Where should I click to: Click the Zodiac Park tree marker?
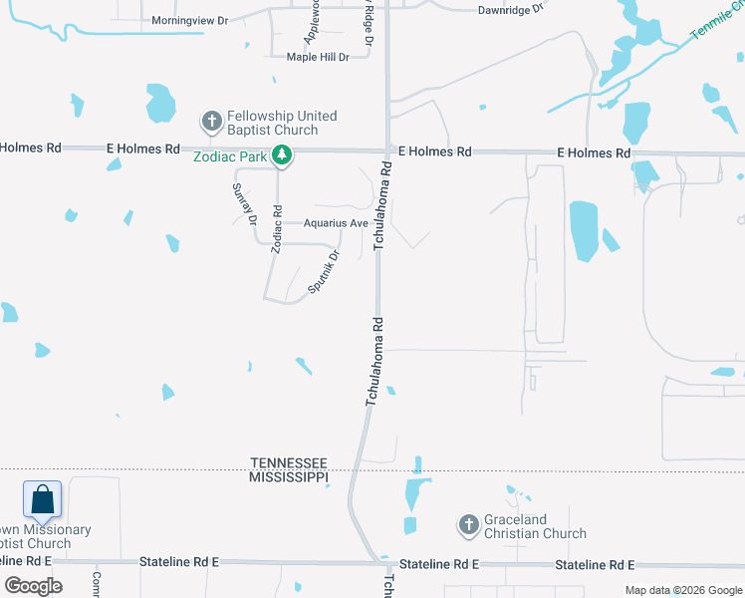(x=283, y=155)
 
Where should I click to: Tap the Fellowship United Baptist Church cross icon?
(x=211, y=122)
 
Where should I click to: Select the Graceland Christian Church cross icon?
(x=469, y=524)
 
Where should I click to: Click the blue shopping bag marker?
(x=43, y=498)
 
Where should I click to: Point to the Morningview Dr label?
(x=190, y=20)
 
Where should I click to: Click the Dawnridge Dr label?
(x=510, y=9)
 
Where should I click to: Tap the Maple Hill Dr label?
(x=318, y=57)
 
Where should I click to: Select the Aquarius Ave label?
(x=337, y=223)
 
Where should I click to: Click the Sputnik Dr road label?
(x=324, y=271)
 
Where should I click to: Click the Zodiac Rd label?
(x=277, y=236)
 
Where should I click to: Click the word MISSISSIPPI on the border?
(x=289, y=477)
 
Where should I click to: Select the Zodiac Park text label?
(x=231, y=156)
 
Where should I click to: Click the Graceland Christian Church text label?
(x=535, y=526)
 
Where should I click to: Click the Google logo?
(x=33, y=586)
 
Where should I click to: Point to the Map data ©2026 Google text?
(x=683, y=590)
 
